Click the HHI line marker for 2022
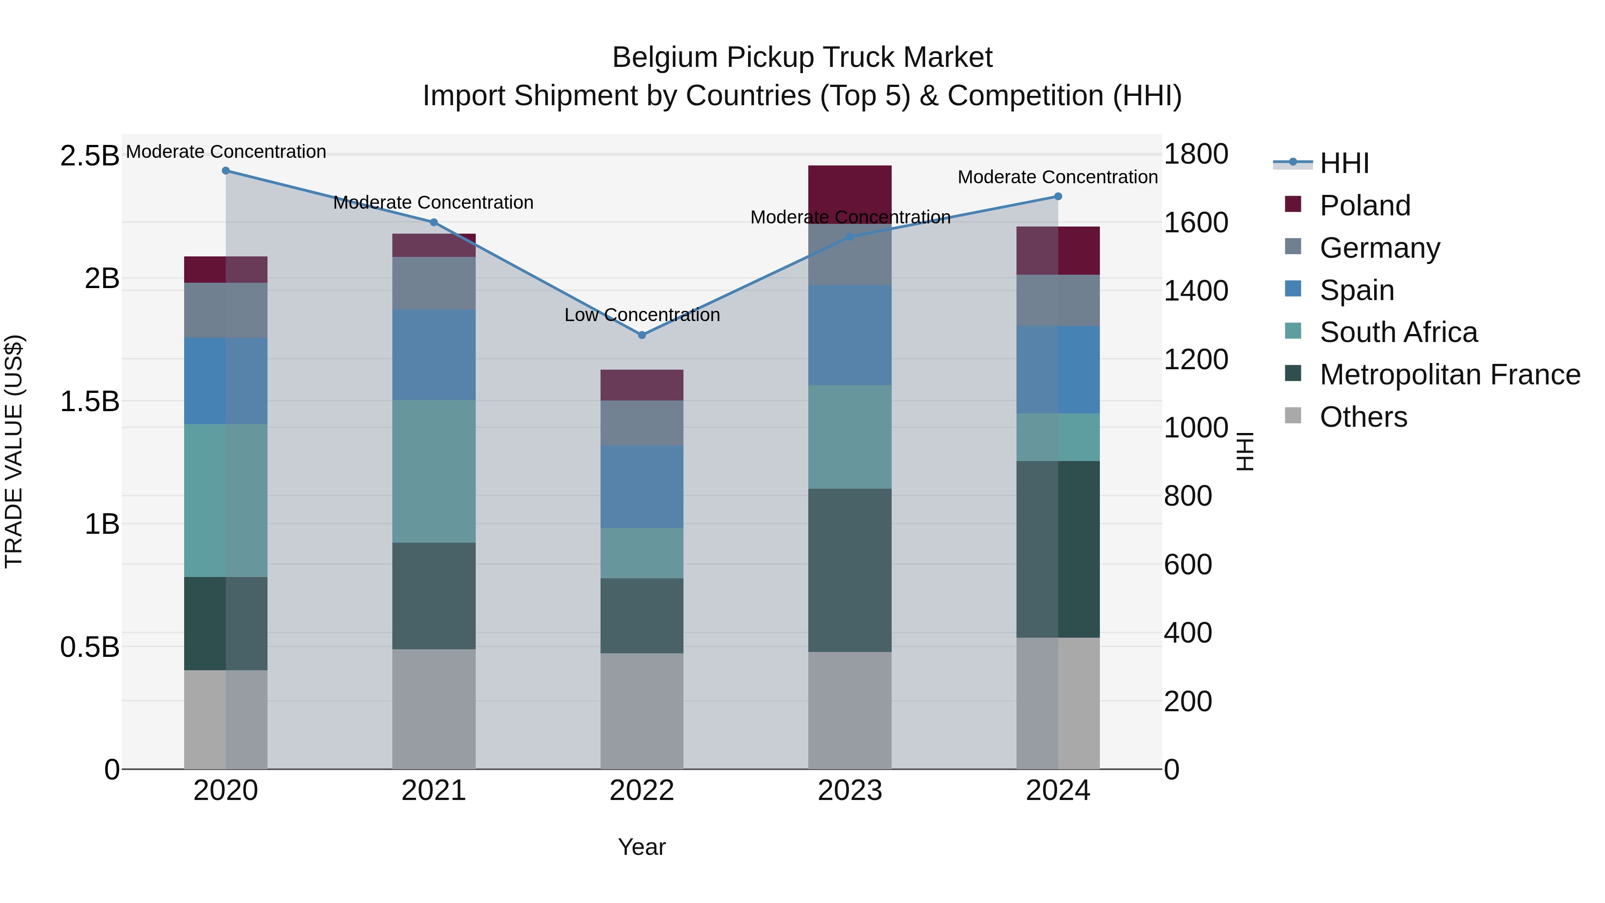pyautogui.click(x=642, y=334)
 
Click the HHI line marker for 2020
pyautogui.click(x=226, y=170)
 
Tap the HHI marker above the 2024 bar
pyautogui.click(x=1058, y=196)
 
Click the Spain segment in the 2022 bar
pyautogui.click(x=642, y=486)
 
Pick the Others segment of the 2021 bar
pyautogui.click(x=434, y=709)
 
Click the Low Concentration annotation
pyautogui.click(x=642, y=315)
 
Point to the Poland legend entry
pyautogui.click(x=1365, y=205)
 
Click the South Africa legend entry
pyautogui.click(x=1398, y=332)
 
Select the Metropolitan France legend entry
pyautogui.click(x=1449, y=375)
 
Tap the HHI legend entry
pyautogui.click(x=1344, y=163)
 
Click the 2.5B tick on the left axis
pyautogui.click(x=89, y=155)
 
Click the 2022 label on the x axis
pyautogui.click(x=642, y=791)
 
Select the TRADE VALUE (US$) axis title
pyautogui.click(x=14, y=451)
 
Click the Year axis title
pyautogui.click(x=642, y=847)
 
